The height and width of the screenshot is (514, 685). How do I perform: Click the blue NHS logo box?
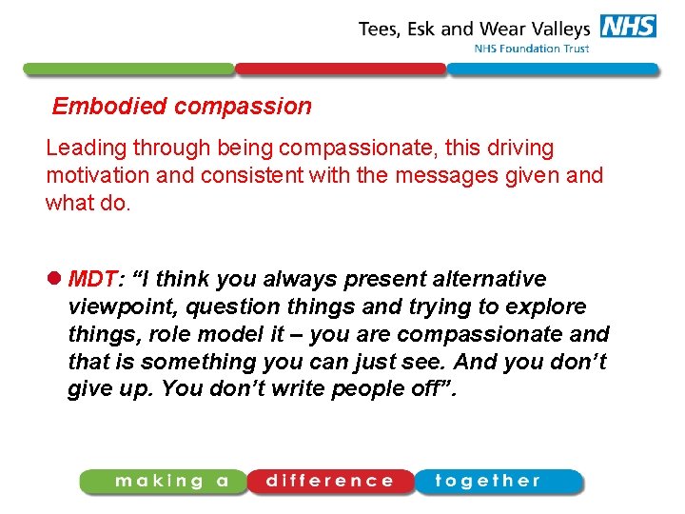point(627,27)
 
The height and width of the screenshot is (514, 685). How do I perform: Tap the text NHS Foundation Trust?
point(532,49)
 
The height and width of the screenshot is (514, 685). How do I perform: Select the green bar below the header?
point(128,69)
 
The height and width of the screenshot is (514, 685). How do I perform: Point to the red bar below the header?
point(341,69)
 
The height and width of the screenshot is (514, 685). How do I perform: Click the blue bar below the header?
point(553,69)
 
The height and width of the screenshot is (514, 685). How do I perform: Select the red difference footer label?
point(330,481)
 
